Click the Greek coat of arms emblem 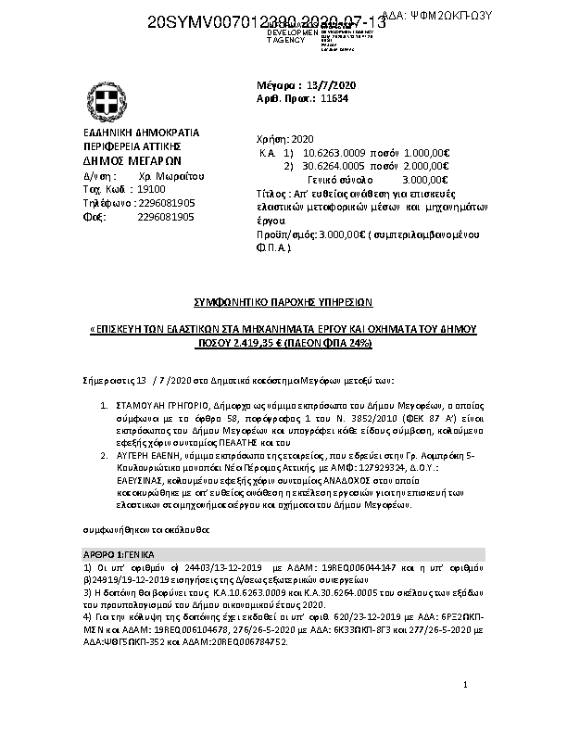coord(101,99)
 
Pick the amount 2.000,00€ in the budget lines coord(428,165)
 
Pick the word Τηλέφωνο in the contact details coord(102,202)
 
